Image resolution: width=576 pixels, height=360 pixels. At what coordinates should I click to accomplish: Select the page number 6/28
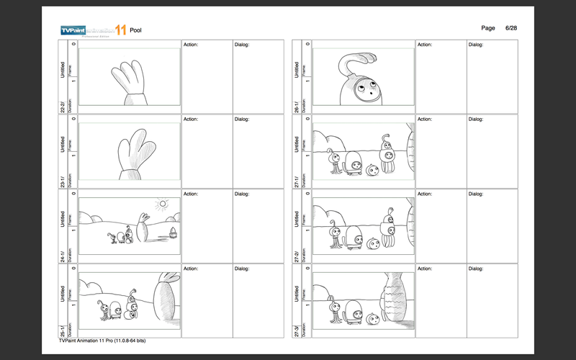[x=512, y=27]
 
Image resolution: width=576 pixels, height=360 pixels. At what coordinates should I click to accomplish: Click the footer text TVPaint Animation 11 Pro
[x=103, y=341]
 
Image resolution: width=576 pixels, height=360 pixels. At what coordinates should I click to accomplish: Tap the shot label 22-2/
[x=63, y=107]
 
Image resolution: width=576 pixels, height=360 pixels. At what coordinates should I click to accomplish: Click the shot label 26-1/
[x=297, y=107]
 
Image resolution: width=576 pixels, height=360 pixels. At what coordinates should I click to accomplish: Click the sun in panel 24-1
[x=162, y=204]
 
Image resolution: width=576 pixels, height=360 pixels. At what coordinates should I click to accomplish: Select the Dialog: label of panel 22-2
[x=243, y=45]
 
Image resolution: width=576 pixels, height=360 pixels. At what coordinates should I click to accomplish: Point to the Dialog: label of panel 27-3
[x=477, y=269]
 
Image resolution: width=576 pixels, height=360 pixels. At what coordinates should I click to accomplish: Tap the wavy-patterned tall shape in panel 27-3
[x=395, y=300]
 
